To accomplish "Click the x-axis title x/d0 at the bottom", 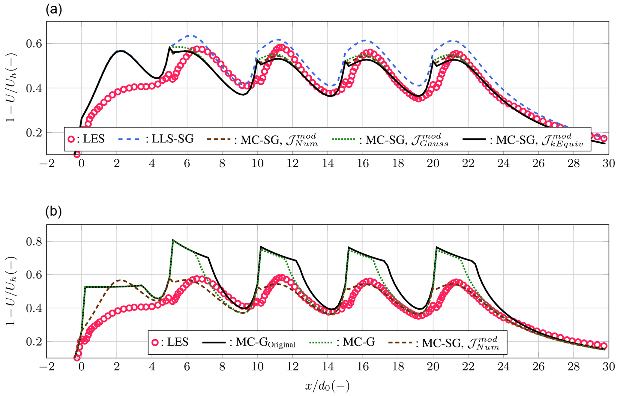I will pos(327,386).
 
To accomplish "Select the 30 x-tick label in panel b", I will pos(608,366).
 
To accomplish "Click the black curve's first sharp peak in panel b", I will pos(173,240).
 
